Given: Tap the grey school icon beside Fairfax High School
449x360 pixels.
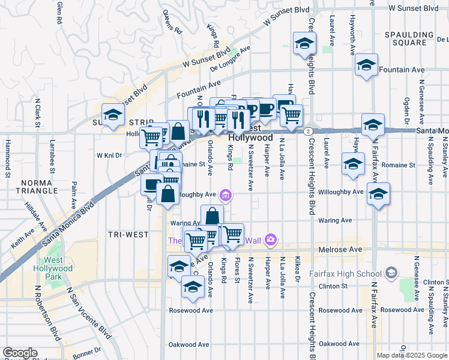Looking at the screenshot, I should [x=391, y=274].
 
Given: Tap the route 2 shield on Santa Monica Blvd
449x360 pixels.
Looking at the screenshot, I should [x=307, y=130].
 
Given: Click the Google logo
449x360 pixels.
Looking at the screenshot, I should [x=20, y=353].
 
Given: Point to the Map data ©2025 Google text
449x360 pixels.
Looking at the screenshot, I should [x=412, y=355].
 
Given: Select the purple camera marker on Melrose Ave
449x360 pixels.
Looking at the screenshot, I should [x=271, y=240].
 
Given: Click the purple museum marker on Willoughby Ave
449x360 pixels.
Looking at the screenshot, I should [x=225, y=194].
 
